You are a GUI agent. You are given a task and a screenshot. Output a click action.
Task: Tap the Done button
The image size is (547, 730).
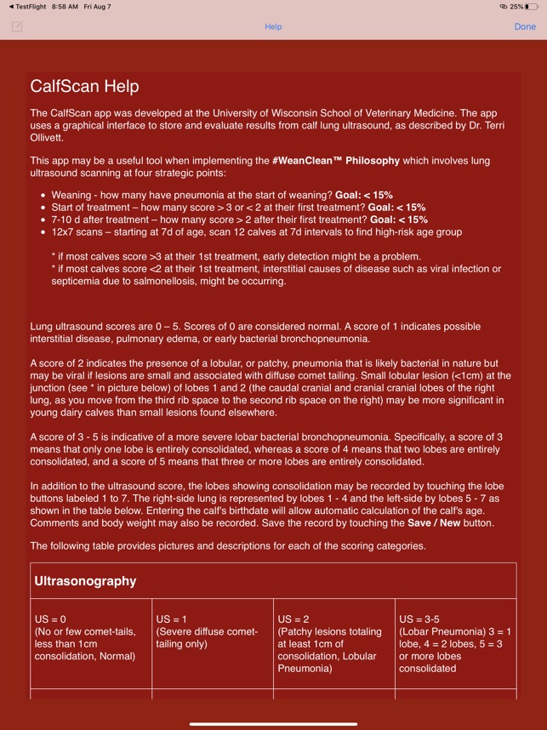pos(525,26)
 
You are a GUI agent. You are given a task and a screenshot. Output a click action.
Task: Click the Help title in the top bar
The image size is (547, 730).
pos(273,26)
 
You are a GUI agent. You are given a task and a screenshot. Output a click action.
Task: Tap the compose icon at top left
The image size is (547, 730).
pos(17,26)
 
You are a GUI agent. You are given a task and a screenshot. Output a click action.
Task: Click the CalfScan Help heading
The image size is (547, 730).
pos(84,86)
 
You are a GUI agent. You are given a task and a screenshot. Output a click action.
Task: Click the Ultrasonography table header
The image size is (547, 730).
pos(85,581)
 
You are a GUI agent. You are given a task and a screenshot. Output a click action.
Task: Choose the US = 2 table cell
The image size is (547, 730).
pos(334,643)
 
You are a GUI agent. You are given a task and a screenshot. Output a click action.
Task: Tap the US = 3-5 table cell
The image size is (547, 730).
pos(455,643)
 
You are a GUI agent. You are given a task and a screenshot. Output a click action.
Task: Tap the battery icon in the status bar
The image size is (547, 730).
pos(532,7)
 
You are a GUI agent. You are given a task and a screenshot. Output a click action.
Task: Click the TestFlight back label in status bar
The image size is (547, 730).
pos(25,7)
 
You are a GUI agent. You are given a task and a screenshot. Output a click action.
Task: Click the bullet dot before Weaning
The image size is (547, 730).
pos(43,195)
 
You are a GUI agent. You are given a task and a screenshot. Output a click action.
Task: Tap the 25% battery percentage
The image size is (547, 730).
pos(516,7)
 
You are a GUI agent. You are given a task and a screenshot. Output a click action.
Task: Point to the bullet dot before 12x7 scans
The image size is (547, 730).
pos(43,231)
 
